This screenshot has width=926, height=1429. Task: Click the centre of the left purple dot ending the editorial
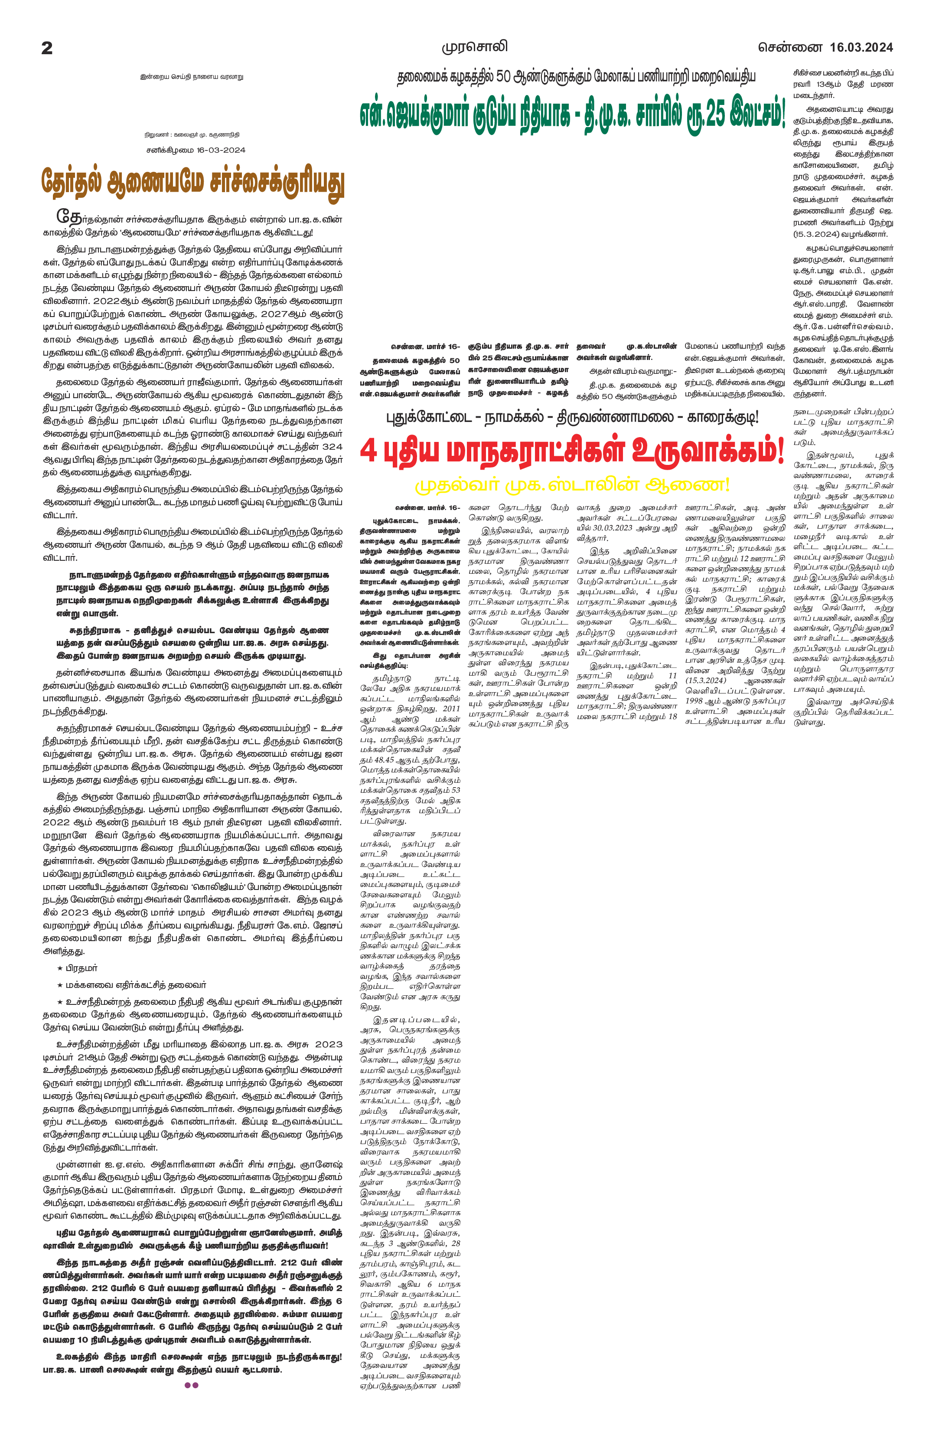(188, 1385)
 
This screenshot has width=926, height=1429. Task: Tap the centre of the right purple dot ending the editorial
(196, 1385)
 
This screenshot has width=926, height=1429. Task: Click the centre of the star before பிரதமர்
(59, 968)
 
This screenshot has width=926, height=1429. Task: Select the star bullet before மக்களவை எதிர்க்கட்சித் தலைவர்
(59, 985)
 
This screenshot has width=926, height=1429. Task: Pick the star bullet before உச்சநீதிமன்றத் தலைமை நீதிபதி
(59, 1002)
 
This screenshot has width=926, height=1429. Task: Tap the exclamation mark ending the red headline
(780, 450)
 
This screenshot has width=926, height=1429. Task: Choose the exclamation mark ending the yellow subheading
(726, 484)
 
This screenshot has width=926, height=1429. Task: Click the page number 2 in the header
(47, 48)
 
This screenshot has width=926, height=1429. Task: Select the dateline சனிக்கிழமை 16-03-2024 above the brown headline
(196, 150)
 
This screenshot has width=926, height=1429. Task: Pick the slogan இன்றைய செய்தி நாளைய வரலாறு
(192, 78)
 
